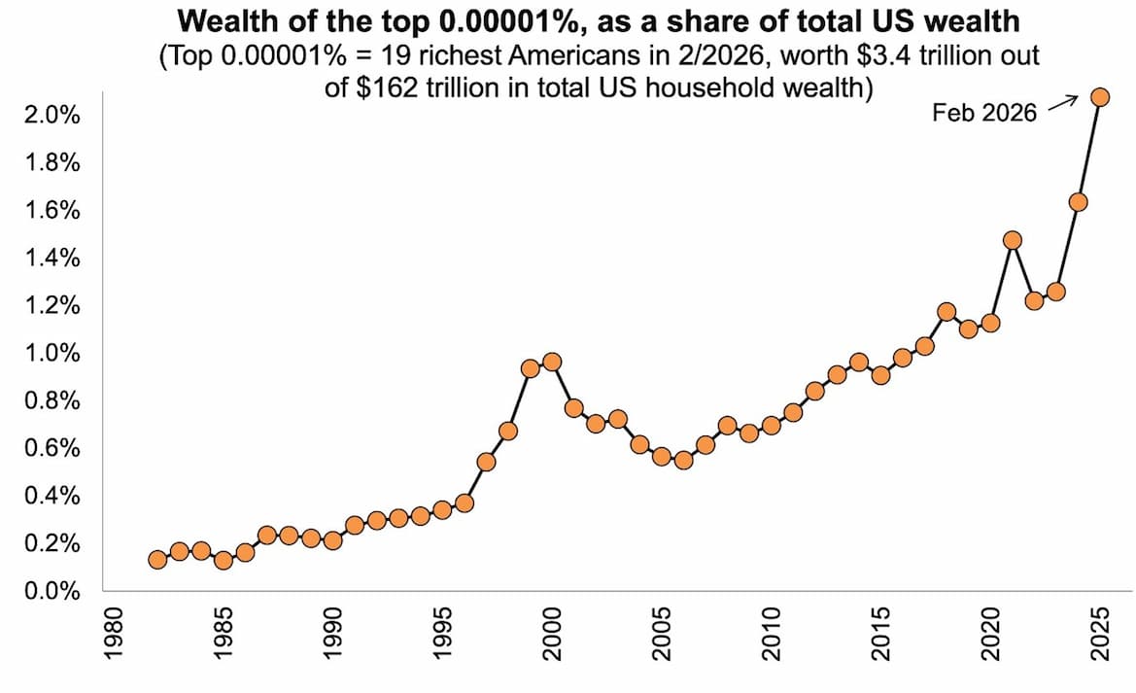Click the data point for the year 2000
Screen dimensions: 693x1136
[552, 362]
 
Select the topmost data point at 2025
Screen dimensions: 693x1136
[1100, 96]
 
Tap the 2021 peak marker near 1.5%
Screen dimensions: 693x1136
[1013, 240]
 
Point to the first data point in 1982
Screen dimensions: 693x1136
[157, 559]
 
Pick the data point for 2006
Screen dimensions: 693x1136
[683, 460]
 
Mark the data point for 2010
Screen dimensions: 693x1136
[772, 425]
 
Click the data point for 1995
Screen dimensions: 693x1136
[442, 509]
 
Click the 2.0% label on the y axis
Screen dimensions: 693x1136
[50, 116]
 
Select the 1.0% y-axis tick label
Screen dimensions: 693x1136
[50, 354]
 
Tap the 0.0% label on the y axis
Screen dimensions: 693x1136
[50, 591]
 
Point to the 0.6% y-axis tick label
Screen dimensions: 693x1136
[50, 449]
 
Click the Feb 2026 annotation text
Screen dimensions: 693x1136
[984, 113]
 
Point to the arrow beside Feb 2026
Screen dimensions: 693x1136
[1063, 101]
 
